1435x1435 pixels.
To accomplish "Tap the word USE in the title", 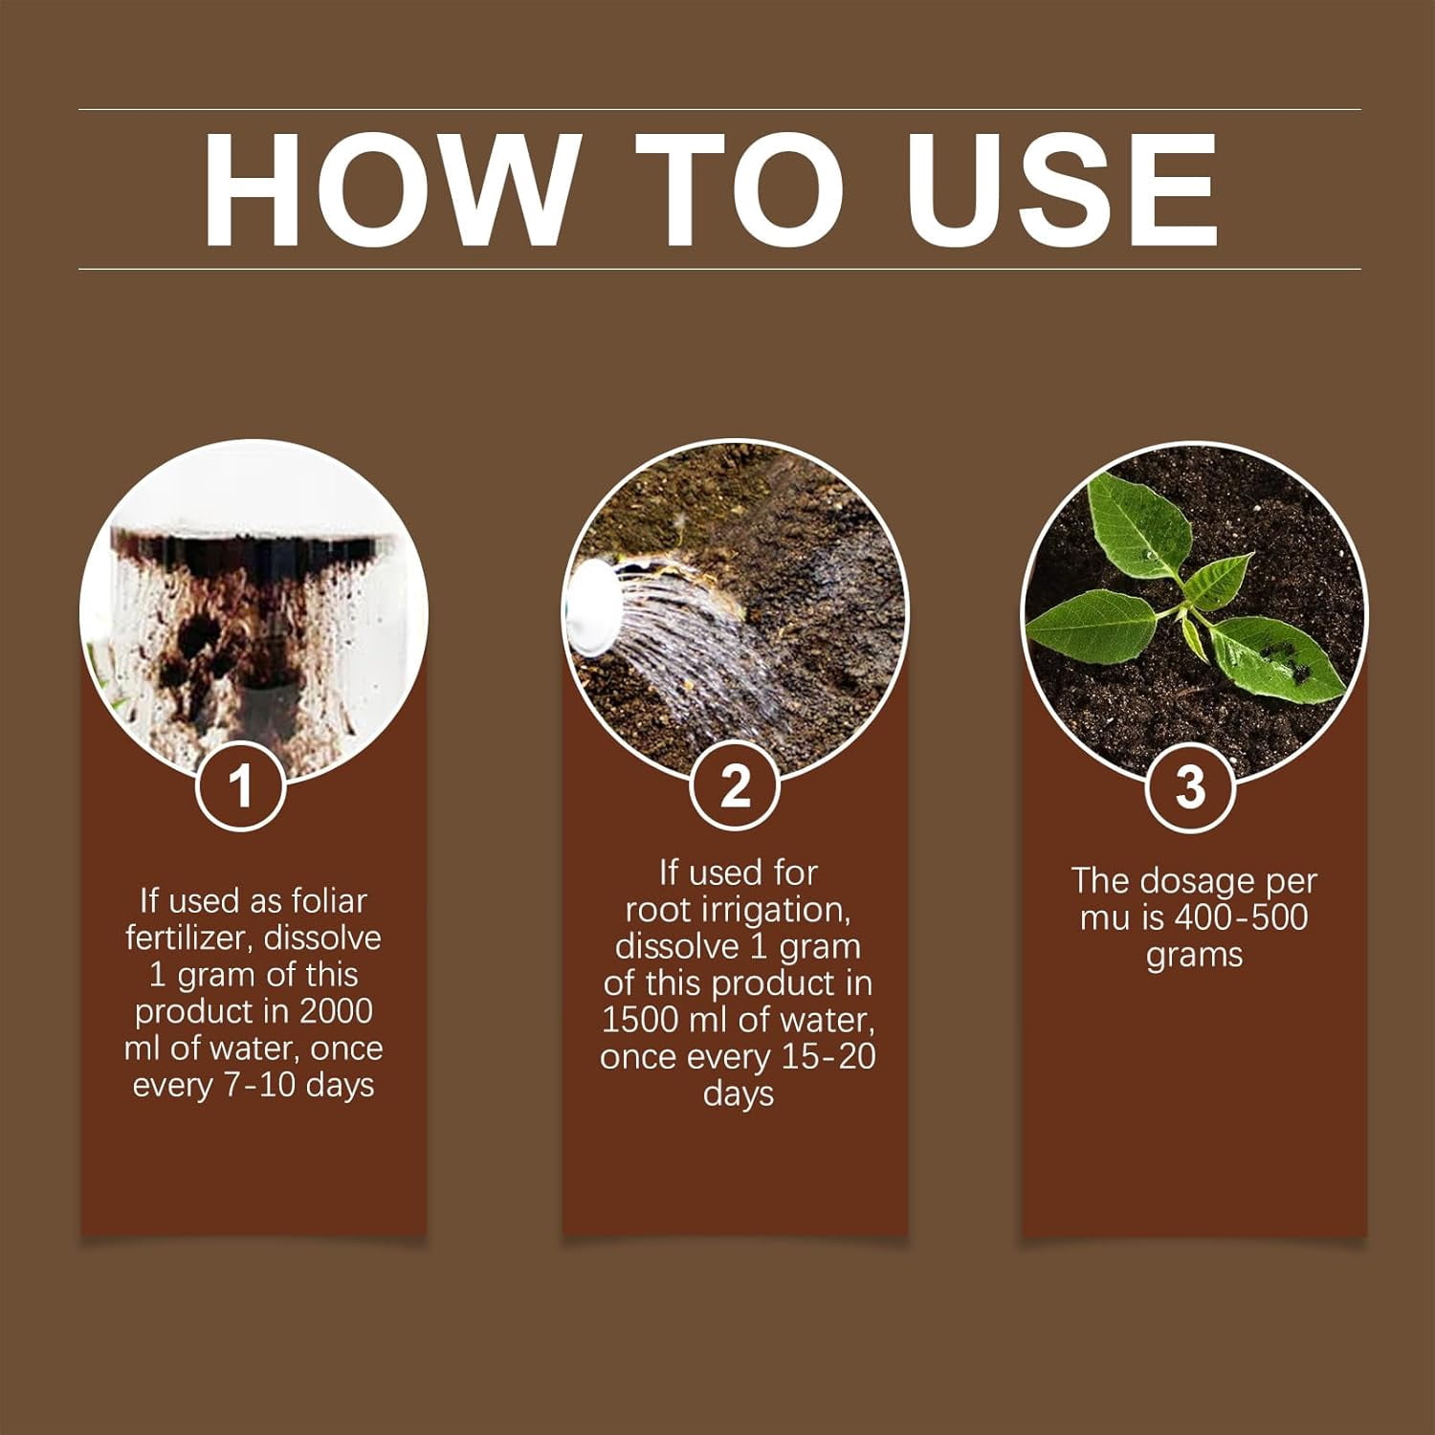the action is click(1063, 189).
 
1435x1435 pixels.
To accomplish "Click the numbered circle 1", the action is click(240, 786).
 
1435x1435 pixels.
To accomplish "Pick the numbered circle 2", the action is click(735, 786).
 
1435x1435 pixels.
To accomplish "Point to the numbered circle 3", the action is click(1190, 786).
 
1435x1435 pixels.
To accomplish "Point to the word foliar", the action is click(329, 901).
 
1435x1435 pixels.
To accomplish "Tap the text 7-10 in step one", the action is click(251, 1086).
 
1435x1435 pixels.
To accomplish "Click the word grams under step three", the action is click(1194, 956).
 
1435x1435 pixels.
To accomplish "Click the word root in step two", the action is click(657, 910).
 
